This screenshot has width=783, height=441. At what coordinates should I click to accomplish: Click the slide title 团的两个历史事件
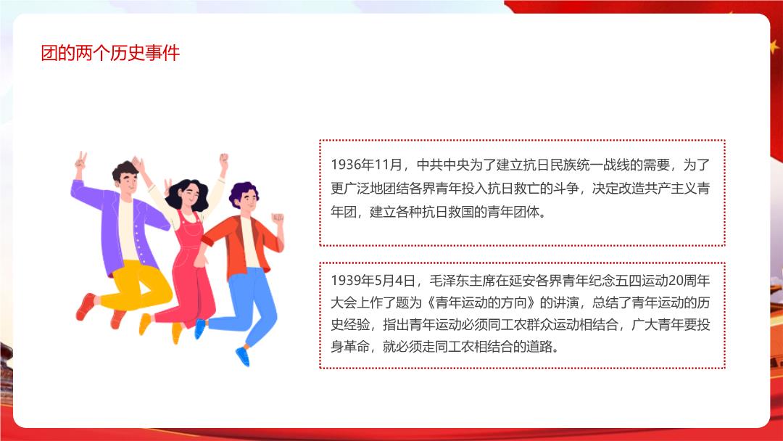[110, 53]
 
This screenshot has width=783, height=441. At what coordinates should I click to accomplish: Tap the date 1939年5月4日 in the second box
[373, 281]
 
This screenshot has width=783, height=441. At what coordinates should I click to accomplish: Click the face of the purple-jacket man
[128, 182]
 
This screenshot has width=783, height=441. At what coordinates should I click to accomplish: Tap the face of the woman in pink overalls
[190, 197]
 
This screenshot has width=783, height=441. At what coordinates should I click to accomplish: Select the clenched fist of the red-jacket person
[277, 218]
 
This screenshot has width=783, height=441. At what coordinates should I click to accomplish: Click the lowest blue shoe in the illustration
[243, 356]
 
